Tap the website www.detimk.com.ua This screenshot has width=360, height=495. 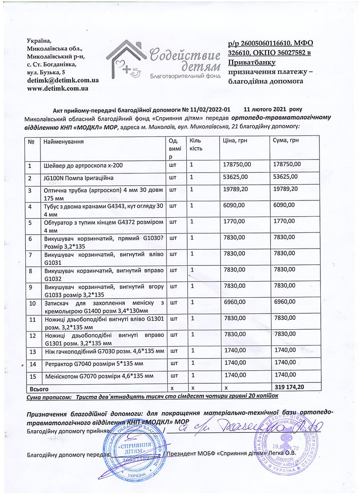click(57, 88)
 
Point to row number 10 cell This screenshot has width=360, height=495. click(32, 303)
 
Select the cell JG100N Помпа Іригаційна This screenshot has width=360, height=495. click(76, 178)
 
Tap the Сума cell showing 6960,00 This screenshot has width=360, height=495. click(284, 300)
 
